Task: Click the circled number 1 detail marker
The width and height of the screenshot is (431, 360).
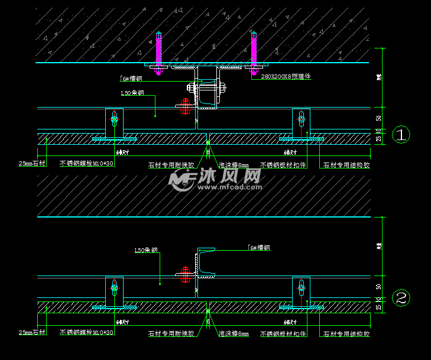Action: (401, 135)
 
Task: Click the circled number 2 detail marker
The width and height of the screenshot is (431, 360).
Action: (401, 298)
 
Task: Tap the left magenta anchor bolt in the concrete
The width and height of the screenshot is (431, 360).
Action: (158, 52)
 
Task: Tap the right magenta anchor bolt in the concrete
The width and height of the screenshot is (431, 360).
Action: (254, 52)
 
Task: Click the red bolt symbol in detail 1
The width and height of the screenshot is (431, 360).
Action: (184, 106)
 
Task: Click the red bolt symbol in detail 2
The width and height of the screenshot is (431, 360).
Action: (184, 274)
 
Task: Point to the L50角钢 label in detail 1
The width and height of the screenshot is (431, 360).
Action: (132, 93)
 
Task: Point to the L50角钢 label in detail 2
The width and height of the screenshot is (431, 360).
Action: (146, 250)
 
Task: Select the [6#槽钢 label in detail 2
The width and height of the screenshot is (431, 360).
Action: (258, 248)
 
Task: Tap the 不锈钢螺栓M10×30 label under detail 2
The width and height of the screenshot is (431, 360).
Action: (86, 333)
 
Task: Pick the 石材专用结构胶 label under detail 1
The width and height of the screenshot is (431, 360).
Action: (346, 166)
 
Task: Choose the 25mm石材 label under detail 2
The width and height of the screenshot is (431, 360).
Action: (32, 333)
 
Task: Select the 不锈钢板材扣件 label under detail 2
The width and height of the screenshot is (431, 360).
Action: (283, 333)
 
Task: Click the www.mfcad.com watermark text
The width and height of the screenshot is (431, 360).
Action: (229, 187)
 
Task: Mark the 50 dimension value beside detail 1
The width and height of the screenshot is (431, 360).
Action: (378, 118)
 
